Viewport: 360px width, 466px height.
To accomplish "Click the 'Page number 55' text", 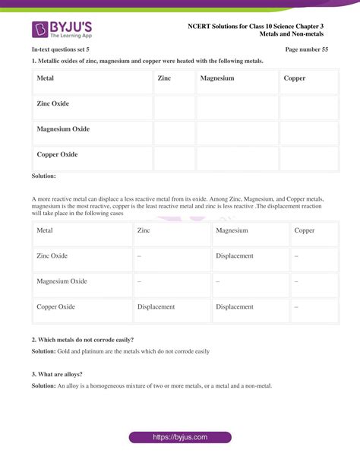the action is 306,49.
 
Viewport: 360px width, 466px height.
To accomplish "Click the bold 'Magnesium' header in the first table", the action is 217,78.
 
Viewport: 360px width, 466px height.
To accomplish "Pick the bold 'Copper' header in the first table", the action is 294,78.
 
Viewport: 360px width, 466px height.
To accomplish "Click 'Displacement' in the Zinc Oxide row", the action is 235,256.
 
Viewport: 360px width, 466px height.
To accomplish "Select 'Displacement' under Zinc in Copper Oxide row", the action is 156,307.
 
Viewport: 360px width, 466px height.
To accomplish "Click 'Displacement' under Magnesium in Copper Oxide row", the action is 235,307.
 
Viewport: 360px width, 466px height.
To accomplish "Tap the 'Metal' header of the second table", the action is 45,230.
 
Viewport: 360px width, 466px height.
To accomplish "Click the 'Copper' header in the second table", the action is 305,230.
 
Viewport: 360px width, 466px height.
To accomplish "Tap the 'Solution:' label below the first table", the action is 44,176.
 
